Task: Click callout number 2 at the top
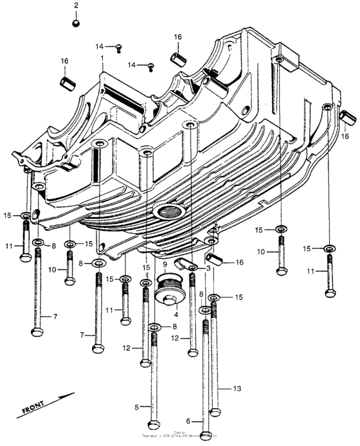[x=76, y=6]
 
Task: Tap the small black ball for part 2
[x=76, y=24]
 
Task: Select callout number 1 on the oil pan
[x=102, y=58]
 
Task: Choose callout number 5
[x=136, y=407]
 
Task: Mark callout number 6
[x=188, y=422]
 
